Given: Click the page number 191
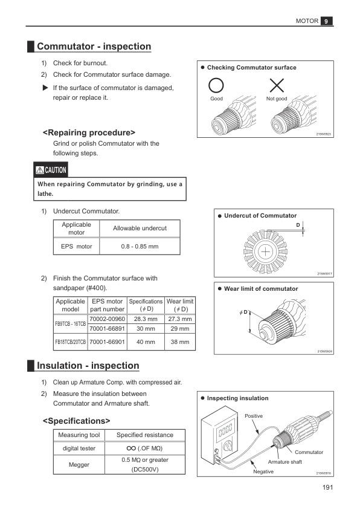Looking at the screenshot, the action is click(x=327, y=487).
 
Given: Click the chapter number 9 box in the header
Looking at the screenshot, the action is click(x=326, y=21).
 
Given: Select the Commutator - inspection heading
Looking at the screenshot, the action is click(x=94, y=47).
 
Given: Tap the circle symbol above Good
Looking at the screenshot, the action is click(x=216, y=85).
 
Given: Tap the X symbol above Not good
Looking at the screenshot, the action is click(x=277, y=85).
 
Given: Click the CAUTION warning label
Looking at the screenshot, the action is click(x=51, y=170).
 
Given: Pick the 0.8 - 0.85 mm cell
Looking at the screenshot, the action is click(x=140, y=247).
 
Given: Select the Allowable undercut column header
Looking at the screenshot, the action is click(x=140, y=229).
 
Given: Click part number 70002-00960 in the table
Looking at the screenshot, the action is click(x=107, y=319).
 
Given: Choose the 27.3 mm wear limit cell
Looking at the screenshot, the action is click(x=180, y=319).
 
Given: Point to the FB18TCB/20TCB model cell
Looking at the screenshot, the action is click(x=71, y=342).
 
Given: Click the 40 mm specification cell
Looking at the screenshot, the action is click(x=146, y=342).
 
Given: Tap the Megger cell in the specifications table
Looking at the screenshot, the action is click(x=79, y=464).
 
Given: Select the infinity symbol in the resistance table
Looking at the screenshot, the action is click(x=131, y=449).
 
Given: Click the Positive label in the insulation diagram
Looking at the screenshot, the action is click(x=254, y=416).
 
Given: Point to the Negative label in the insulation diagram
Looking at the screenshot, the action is click(x=263, y=472).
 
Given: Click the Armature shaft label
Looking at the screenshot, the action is click(x=284, y=462).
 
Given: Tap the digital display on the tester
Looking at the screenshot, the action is click(x=225, y=429).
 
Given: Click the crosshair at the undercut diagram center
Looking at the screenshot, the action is click(x=265, y=252).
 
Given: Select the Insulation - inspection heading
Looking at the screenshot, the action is click(x=88, y=366).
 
